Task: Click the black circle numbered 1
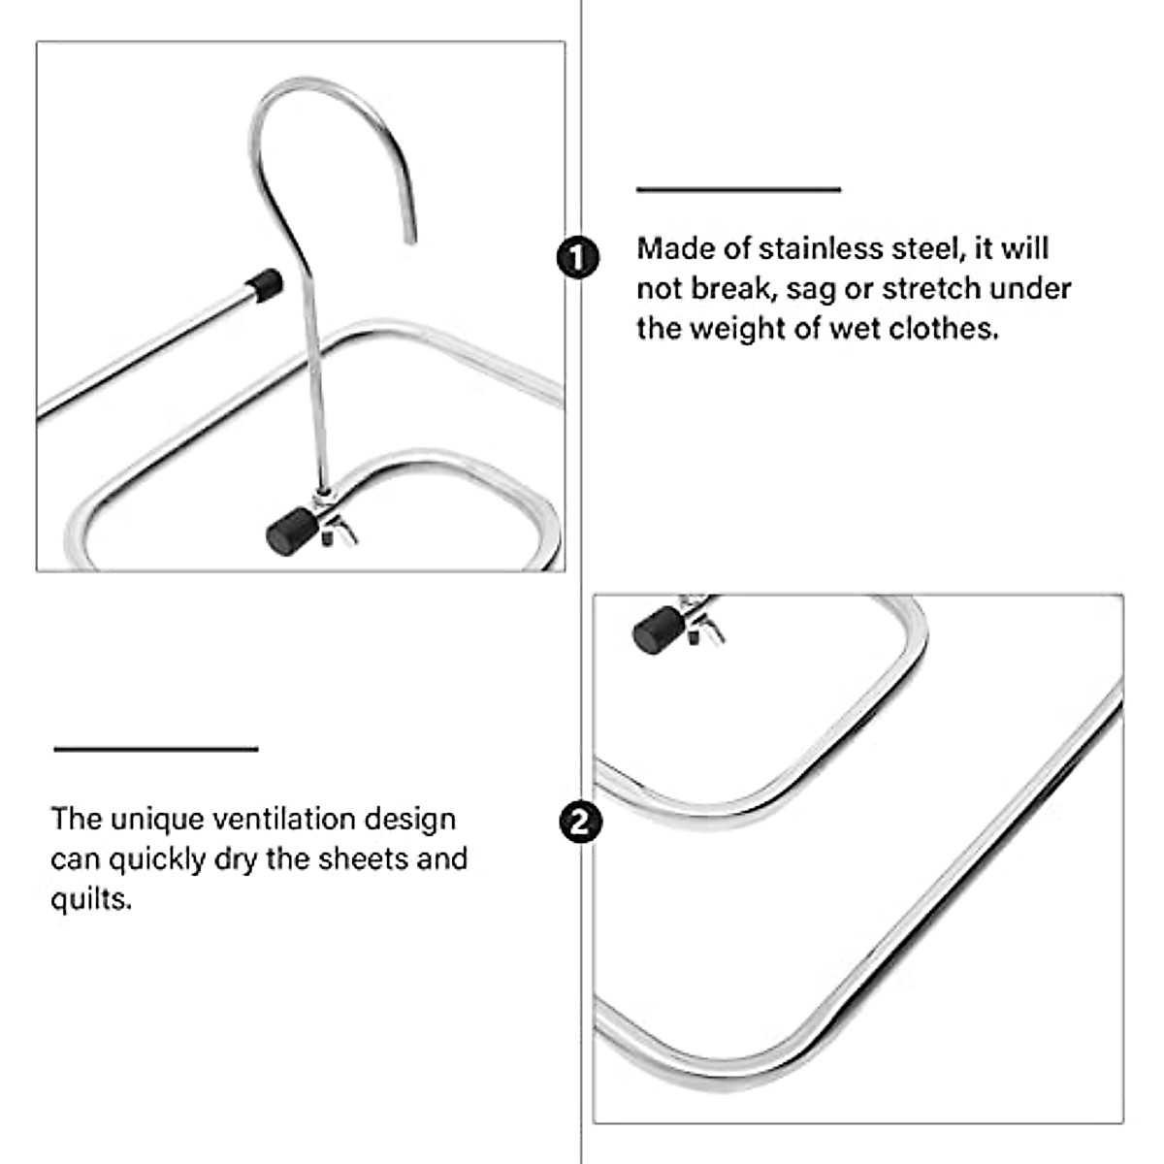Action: pyautogui.click(x=579, y=257)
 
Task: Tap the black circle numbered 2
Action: pyautogui.click(x=580, y=822)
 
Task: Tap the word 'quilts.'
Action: pyautogui.click(x=91, y=899)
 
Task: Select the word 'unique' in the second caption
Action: pyautogui.click(x=144, y=819)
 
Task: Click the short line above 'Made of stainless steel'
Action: pyautogui.click(x=738, y=189)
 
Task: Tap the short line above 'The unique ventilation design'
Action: pyautogui.click(x=155, y=748)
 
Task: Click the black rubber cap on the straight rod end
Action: pyautogui.click(x=263, y=283)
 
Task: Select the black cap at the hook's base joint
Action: pyautogui.click(x=286, y=533)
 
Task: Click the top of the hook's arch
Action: pyautogui.click(x=320, y=85)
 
